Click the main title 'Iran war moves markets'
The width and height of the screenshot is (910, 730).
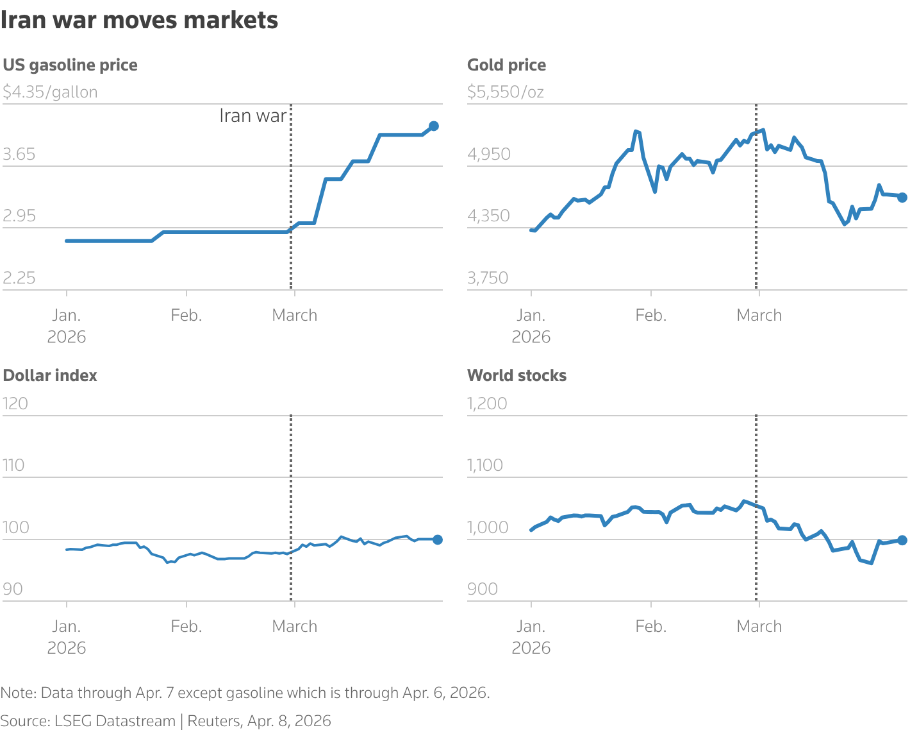click(139, 21)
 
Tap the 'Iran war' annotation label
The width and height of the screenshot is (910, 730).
click(252, 115)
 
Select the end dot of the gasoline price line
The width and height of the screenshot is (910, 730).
click(434, 126)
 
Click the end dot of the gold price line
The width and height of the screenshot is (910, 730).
click(902, 198)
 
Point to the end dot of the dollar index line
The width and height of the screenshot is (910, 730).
click(438, 539)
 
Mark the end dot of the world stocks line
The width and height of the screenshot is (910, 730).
click(902, 540)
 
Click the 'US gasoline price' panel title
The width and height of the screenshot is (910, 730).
click(70, 65)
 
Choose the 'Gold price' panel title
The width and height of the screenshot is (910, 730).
click(506, 65)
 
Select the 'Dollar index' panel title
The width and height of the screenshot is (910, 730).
click(50, 376)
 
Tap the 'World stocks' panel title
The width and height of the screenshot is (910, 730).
click(517, 376)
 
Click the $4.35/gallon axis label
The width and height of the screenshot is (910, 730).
click(50, 92)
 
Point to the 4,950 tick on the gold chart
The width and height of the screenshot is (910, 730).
click(489, 155)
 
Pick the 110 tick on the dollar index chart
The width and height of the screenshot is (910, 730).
click(13, 465)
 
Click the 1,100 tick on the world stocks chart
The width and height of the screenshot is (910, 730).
click(485, 465)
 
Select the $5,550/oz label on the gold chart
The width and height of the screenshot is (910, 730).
click(506, 92)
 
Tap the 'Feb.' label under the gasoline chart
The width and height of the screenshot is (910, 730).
click(186, 316)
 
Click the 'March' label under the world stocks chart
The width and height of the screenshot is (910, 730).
click(759, 626)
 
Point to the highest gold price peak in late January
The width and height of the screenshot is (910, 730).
click(636, 132)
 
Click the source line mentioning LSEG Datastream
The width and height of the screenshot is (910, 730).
click(165, 721)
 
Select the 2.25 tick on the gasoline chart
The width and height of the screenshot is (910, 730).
click(19, 278)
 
